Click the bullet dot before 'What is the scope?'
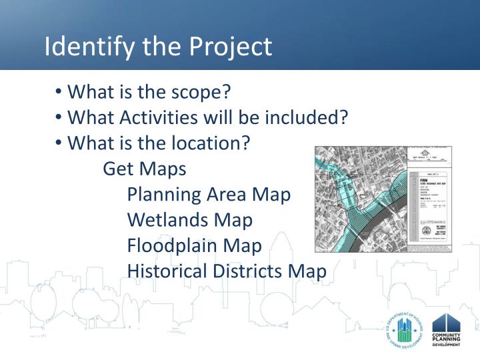point(59,91)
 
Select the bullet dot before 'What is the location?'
point(59,143)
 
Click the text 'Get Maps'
point(145,169)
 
